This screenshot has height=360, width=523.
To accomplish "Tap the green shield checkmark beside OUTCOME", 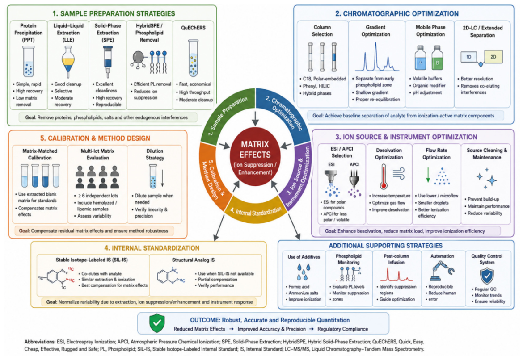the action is point(157,323).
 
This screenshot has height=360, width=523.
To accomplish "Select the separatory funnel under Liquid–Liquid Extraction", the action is point(68,62).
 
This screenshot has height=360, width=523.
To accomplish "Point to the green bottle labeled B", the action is point(437,58).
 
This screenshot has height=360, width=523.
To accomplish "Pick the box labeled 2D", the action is point(493,57).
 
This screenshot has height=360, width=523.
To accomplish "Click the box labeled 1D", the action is point(469,57).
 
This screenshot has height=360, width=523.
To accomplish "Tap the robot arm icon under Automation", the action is point(442,271).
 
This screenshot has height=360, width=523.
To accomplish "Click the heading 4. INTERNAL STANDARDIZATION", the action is point(152,248).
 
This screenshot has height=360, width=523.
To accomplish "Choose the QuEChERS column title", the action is point(193,28).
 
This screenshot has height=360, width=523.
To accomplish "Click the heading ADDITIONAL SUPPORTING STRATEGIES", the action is point(386,246).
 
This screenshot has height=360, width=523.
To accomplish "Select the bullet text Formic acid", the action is point(299,287).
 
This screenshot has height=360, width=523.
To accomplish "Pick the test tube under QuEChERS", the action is point(193,59).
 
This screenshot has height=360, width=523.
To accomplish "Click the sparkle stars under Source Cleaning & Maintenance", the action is point(487,179).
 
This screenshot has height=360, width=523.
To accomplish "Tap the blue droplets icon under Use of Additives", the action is point(303,272).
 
